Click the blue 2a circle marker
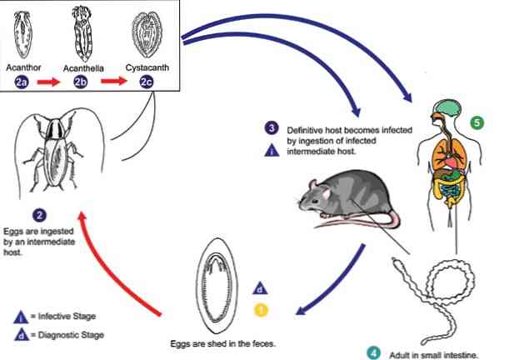tap(25, 81)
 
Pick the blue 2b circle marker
tap(81, 81)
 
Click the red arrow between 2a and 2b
tap(52, 81)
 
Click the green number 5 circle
tap(477, 122)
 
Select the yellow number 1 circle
tap(261, 310)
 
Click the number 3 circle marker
tap(272, 127)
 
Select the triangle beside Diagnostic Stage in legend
tap(22, 333)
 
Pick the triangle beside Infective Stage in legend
tap(22, 315)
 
